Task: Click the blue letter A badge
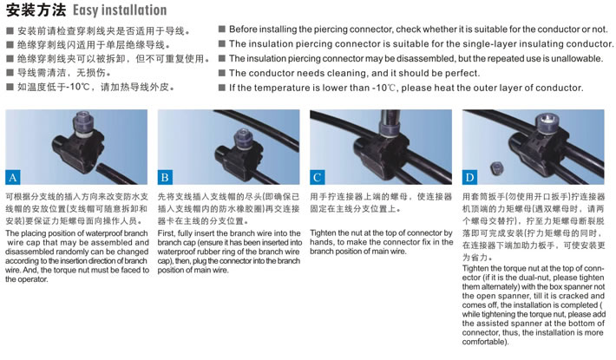(x=12, y=178)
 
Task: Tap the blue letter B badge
(x=165, y=178)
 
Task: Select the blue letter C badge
(x=317, y=178)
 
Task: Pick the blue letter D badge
(x=469, y=178)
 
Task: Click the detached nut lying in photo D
(x=497, y=169)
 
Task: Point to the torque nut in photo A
(x=83, y=121)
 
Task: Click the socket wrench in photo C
(x=390, y=121)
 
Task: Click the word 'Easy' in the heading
(x=86, y=10)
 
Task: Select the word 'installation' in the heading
(x=134, y=10)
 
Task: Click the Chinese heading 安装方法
(x=36, y=10)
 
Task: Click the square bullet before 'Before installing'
(x=222, y=29)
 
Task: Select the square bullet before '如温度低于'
(x=10, y=87)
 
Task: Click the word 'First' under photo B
(x=167, y=233)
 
